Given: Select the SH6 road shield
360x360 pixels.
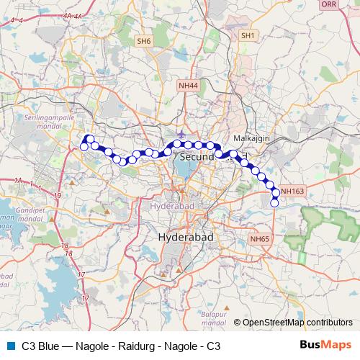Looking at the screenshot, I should (x=144, y=42).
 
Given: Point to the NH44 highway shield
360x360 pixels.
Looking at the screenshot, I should (x=187, y=85).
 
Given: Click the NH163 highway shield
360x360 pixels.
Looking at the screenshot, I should (x=293, y=191).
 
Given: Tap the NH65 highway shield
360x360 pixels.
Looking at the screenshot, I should (x=259, y=238).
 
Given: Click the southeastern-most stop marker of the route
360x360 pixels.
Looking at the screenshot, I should (x=274, y=203).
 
